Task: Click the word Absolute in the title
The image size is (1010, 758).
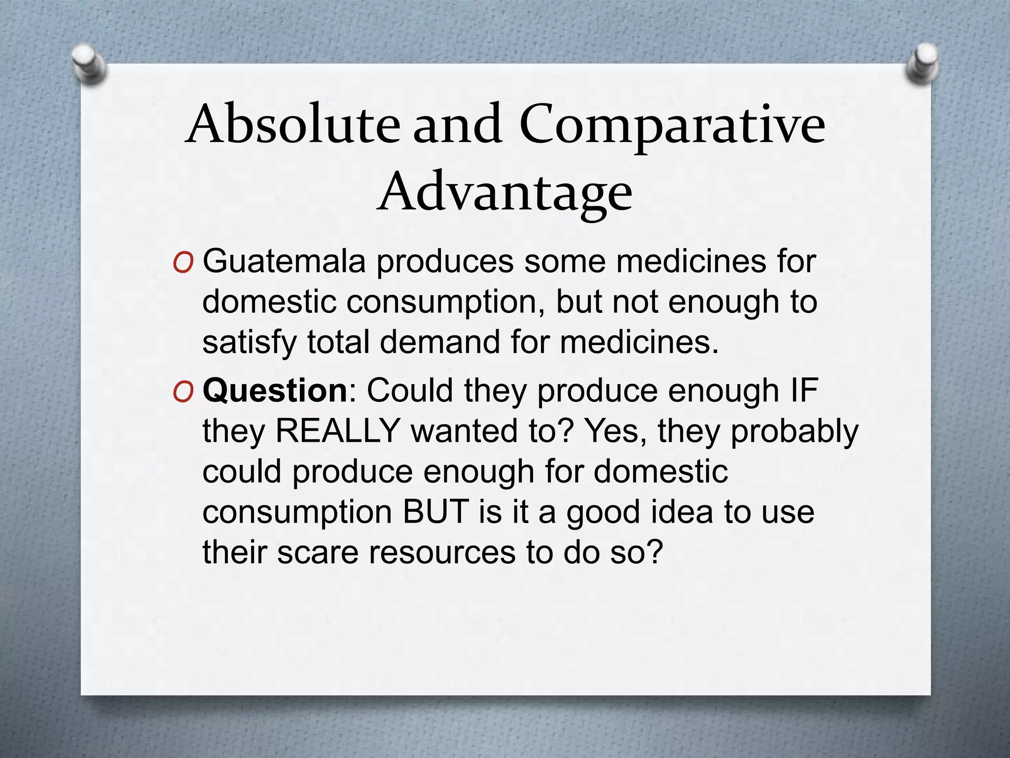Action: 293,124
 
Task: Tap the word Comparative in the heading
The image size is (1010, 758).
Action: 672,124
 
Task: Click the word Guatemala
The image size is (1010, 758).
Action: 284,261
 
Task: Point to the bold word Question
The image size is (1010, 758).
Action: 275,390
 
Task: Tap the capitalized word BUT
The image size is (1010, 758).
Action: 435,512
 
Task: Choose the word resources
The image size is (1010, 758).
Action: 442,552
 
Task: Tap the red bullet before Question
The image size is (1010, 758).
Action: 182,393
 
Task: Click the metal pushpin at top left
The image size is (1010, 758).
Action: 88,64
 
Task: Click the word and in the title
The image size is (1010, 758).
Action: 457,124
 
